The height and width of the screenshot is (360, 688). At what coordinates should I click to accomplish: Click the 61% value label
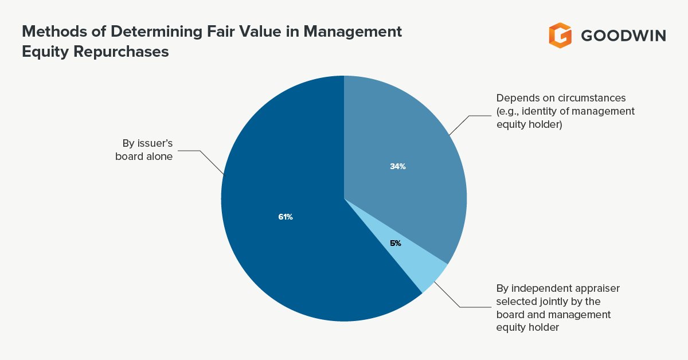[286, 217]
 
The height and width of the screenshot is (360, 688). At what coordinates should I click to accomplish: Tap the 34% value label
[398, 167]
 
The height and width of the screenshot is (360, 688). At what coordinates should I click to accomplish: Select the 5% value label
[396, 243]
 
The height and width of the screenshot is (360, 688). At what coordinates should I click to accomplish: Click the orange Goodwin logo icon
[560, 36]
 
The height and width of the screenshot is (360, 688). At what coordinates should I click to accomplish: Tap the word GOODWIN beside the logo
[623, 36]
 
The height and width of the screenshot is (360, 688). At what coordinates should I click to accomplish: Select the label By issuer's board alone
[147, 150]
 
